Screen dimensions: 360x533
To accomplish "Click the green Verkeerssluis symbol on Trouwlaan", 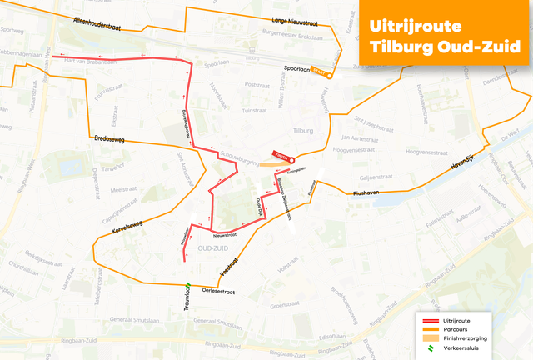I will (189, 289).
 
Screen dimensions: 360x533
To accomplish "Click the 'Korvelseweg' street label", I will (124, 225).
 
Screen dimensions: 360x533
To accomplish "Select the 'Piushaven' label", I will (366, 192).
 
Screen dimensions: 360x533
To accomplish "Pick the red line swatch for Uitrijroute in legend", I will (430, 320).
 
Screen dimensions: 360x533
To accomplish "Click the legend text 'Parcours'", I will (457, 330).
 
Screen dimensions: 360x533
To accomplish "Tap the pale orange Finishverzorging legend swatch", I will (430, 339).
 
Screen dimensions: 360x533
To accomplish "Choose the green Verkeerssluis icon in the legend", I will (430, 349).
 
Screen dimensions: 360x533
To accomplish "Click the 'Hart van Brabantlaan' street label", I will (94, 62).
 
